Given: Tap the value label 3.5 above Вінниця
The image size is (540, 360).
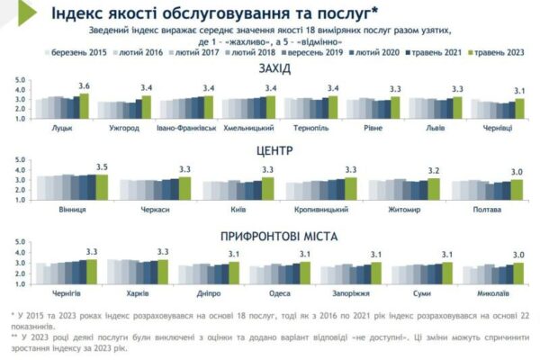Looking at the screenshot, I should pos(101,167).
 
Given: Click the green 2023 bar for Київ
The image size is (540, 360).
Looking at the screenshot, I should pos(267,186).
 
